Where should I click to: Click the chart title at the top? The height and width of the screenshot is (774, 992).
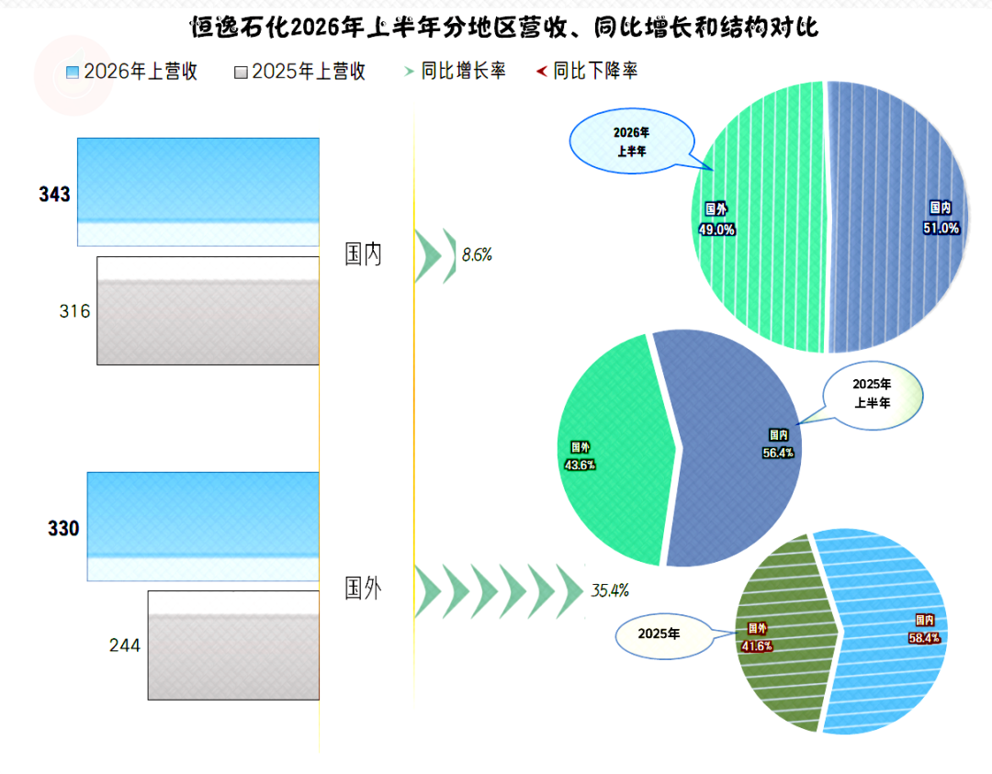tap(504, 28)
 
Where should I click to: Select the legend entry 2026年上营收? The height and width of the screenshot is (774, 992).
tap(132, 72)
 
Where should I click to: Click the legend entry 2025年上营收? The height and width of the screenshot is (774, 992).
tap(299, 72)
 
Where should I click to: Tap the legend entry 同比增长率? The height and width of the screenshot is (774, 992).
tap(455, 71)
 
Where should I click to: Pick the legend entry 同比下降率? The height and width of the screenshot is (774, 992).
tap(587, 71)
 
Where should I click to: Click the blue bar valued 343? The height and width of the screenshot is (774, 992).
tap(198, 192)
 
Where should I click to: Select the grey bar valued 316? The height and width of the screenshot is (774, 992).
tap(209, 310)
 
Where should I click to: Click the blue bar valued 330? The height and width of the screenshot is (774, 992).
tap(203, 526)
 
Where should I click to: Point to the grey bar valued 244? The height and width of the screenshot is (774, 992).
tap(233, 645)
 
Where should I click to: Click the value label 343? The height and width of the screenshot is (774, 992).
tap(54, 194)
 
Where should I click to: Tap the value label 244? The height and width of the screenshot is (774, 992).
tap(125, 645)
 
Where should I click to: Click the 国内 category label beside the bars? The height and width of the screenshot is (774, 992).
tap(363, 254)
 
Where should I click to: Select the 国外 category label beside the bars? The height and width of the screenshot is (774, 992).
tap(363, 589)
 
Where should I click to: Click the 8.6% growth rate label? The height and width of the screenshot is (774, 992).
tap(477, 255)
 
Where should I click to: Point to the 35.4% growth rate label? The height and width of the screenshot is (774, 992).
tap(610, 590)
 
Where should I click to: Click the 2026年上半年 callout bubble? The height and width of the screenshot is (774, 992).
tap(632, 141)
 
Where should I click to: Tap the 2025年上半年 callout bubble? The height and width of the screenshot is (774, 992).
tap(873, 394)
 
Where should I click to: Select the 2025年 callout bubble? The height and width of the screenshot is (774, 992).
tap(659, 634)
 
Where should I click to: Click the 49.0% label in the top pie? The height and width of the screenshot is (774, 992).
tap(716, 230)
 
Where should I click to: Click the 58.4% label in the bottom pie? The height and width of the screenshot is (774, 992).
tap(924, 638)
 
